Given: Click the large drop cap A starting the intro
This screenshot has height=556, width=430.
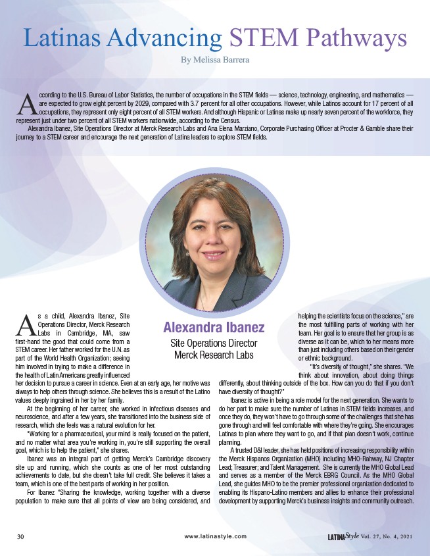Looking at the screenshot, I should (x=27, y=103).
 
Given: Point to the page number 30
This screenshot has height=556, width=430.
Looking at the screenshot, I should (x=21, y=536).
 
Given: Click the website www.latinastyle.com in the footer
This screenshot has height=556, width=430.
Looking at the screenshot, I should (x=215, y=536).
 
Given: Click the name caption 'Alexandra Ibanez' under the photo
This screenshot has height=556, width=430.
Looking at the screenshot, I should (x=214, y=327).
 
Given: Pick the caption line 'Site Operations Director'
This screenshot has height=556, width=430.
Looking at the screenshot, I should (x=214, y=343).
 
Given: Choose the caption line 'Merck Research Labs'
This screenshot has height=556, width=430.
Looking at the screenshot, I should (x=214, y=355).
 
